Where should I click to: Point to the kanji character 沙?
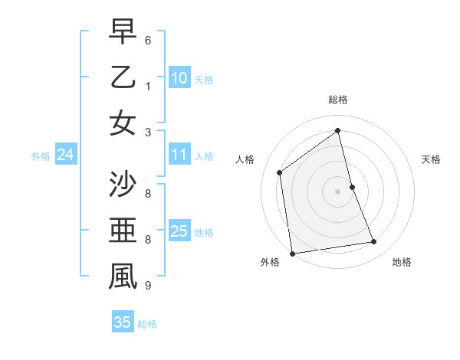(x=123, y=185)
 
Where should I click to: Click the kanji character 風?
(x=123, y=277)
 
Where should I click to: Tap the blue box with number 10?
(x=179, y=78)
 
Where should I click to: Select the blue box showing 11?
(x=179, y=155)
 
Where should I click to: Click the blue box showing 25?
(x=179, y=231)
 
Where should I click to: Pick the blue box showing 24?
(x=65, y=155)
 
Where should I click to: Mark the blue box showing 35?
(x=122, y=322)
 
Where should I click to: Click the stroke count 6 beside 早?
(x=148, y=40)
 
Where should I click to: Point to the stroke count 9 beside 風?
(x=148, y=286)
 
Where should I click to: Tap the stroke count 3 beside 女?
(x=148, y=132)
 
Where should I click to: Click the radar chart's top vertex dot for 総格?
(x=337, y=130)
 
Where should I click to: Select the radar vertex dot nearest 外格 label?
(x=292, y=253)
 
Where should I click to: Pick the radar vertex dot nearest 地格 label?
(x=374, y=242)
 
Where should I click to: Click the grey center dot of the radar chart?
(x=337, y=191)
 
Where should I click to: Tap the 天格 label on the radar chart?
(x=432, y=159)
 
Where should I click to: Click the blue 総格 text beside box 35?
(x=147, y=324)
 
